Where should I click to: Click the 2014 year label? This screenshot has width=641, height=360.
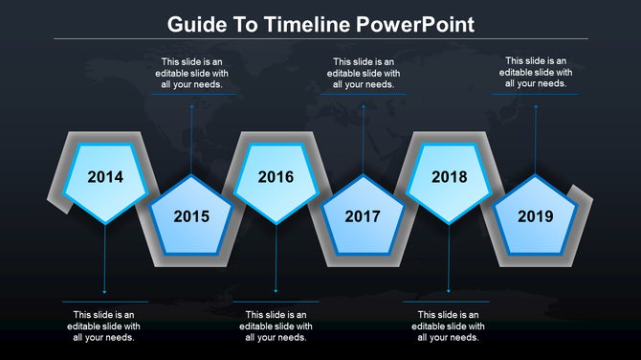click(x=104, y=177)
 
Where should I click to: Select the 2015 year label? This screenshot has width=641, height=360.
click(x=190, y=216)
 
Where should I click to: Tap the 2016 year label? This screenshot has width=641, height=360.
click(x=276, y=177)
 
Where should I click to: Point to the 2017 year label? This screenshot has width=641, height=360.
click(x=363, y=216)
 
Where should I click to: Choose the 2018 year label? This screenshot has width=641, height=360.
click(x=449, y=177)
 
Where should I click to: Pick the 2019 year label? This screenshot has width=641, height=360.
click(x=535, y=216)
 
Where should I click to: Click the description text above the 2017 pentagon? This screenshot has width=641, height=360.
click(x=363, y=73)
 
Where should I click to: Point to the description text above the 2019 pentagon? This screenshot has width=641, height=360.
click(x=535, y=72)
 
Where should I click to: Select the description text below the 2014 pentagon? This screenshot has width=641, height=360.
click(x=104, y=326)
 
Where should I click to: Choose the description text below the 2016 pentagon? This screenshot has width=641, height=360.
click(x=276, y=326)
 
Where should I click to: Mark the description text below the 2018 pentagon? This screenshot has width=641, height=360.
click(x=449, y=326)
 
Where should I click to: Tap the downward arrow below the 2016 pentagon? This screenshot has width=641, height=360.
click(x=276, y=259)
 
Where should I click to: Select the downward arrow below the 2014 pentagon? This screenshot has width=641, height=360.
click(x=104, y=259)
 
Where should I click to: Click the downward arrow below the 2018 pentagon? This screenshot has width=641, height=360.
click(x=449, y=259)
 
